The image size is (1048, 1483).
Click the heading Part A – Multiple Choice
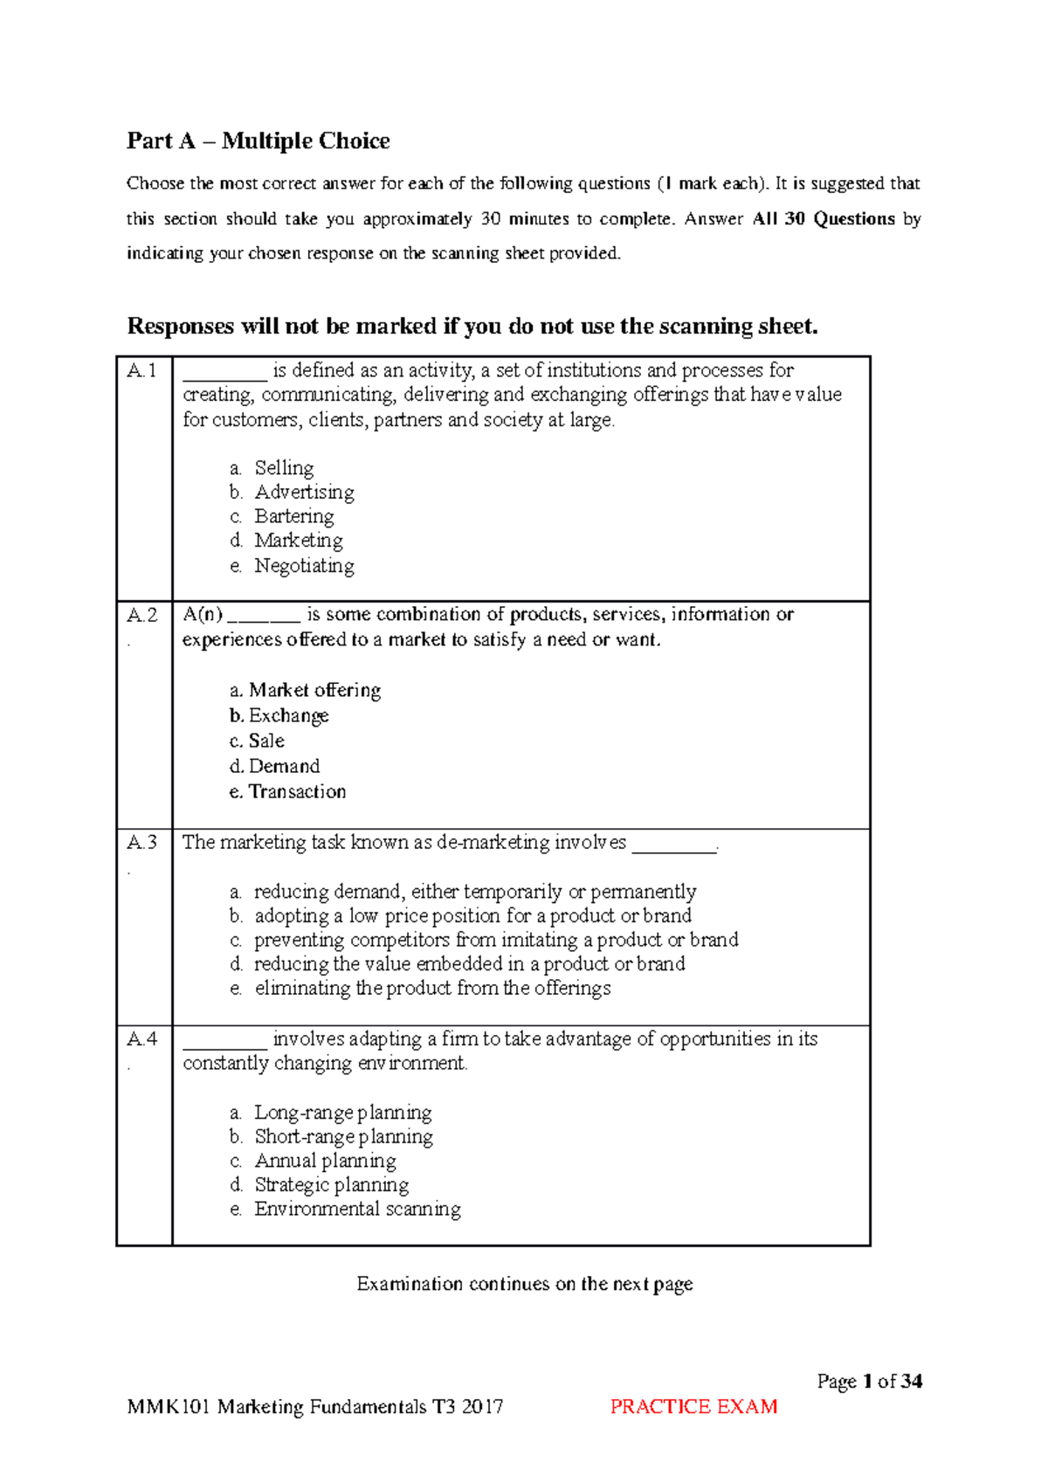259,141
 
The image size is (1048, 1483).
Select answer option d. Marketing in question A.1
298,541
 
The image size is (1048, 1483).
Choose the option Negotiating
304,566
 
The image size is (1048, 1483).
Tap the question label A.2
142,615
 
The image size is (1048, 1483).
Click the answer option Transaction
297,792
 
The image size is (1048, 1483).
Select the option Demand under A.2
284,767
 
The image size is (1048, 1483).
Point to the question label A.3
142,843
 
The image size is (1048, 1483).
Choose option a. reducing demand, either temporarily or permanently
474,892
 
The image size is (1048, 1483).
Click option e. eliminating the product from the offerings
432,989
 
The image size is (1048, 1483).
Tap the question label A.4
142,1039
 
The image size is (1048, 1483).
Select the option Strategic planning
331,1185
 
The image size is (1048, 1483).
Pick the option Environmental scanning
357,1210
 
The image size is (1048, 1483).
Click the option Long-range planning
342,1113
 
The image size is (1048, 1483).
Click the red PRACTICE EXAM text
693,1407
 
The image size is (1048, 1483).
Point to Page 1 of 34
869,1382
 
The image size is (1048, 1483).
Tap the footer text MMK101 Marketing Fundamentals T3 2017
315,1407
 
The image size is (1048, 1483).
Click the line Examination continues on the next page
524,1284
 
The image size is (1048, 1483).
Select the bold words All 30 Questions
824,219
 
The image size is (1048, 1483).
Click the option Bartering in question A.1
293,517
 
